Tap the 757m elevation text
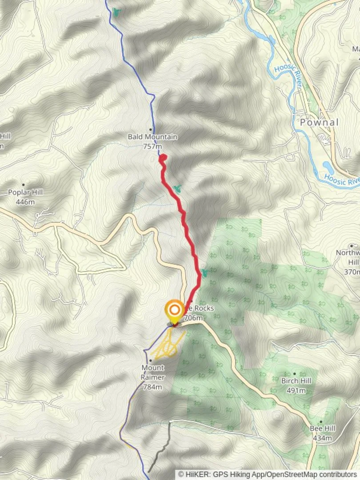coord(152,146)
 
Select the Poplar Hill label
coord(25,193)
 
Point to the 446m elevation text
coord(25,202)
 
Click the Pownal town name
coord(319,122)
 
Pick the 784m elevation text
coord(152,387)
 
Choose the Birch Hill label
coord(296,381)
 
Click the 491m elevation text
coord(296,391)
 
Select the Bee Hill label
coord(322,429)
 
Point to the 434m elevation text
coord(322,438)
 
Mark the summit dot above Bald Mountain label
coord(151,130)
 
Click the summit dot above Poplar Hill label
coord(24,185)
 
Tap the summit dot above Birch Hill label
coord(295,374)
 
